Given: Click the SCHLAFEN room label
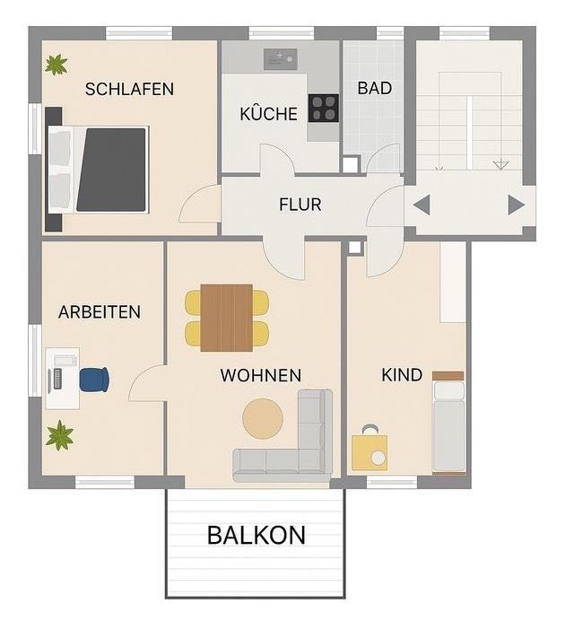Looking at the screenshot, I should point(129,89).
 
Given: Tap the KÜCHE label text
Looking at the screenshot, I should point(268,115).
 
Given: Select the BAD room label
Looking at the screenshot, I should point(374,88).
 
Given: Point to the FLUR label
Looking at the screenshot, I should point(300,205).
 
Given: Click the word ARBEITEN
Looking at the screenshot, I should point(100,312).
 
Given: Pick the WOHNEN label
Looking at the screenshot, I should point(261,375).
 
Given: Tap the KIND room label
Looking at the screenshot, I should point(401,375).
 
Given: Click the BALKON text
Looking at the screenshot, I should point(256,536).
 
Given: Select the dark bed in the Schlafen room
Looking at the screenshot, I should point(109,170).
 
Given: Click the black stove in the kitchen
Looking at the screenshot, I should point(323,108).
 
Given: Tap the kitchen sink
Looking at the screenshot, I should point(280,59).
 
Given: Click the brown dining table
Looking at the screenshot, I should point(226,318).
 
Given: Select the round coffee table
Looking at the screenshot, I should point(263,419).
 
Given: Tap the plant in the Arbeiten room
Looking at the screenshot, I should point(60,436).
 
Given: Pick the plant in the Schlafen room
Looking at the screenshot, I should point(57,65).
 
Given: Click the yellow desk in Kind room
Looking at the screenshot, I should point(370,451).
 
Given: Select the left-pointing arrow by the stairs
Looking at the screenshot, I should point(422,205).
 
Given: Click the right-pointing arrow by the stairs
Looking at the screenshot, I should point(516,205).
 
